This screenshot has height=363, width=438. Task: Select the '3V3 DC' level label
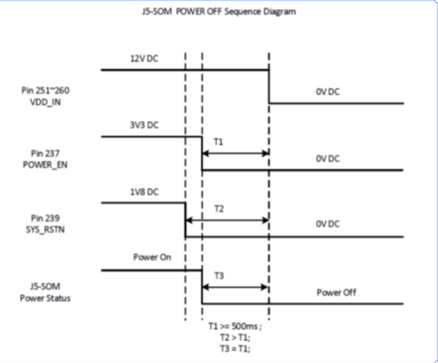click(143, 126)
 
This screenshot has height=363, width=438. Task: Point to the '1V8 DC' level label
click(142, 192)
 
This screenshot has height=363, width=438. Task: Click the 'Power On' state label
click(152, 258)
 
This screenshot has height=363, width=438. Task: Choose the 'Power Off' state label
click(336, 292)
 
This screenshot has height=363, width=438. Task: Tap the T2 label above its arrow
click(220, 208)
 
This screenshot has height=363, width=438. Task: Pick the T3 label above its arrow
click(218, 275)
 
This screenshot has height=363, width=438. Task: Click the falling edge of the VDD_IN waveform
click(269, 86)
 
